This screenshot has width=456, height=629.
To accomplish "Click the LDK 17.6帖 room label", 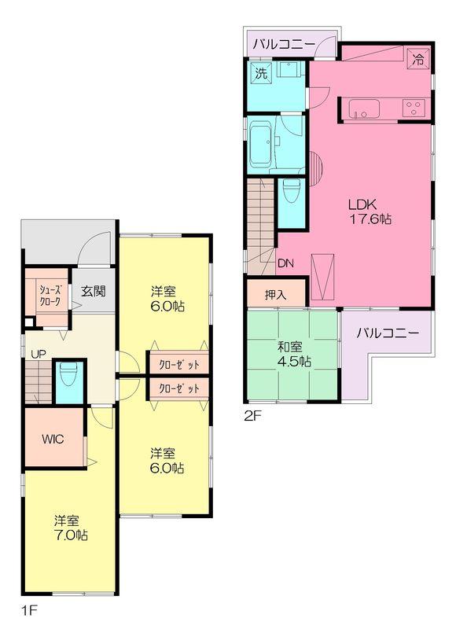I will tap(370, 212).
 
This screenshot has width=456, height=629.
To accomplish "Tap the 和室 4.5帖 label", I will tap(293, 353).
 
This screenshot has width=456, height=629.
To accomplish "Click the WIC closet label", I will tap(53, 440).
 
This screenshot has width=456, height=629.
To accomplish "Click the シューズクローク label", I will tap(45, 295).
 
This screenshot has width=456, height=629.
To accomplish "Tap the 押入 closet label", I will tap(275, 295).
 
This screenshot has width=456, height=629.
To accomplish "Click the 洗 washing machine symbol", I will tap(259, 73).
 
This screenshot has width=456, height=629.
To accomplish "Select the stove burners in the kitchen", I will tap(414, 108).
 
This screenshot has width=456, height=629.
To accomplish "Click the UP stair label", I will tap(36, 354).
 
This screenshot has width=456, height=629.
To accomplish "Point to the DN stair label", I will tap(285, 264).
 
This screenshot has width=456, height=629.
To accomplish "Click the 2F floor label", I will tap(252, 417).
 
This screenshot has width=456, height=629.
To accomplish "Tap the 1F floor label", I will tap(29, 609).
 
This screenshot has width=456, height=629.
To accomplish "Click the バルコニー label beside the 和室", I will tap(388, 333).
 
